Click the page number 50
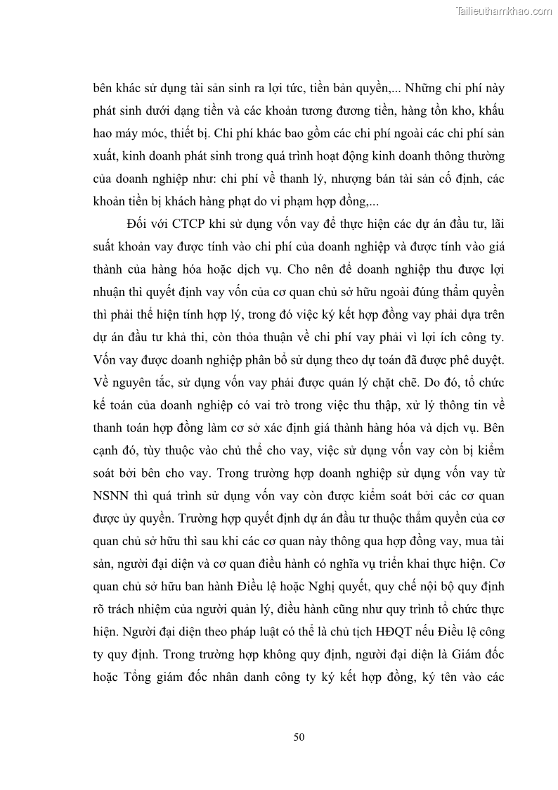coord(299,737)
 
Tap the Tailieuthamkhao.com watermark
coord(505,11)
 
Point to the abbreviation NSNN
coord(113,495)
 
